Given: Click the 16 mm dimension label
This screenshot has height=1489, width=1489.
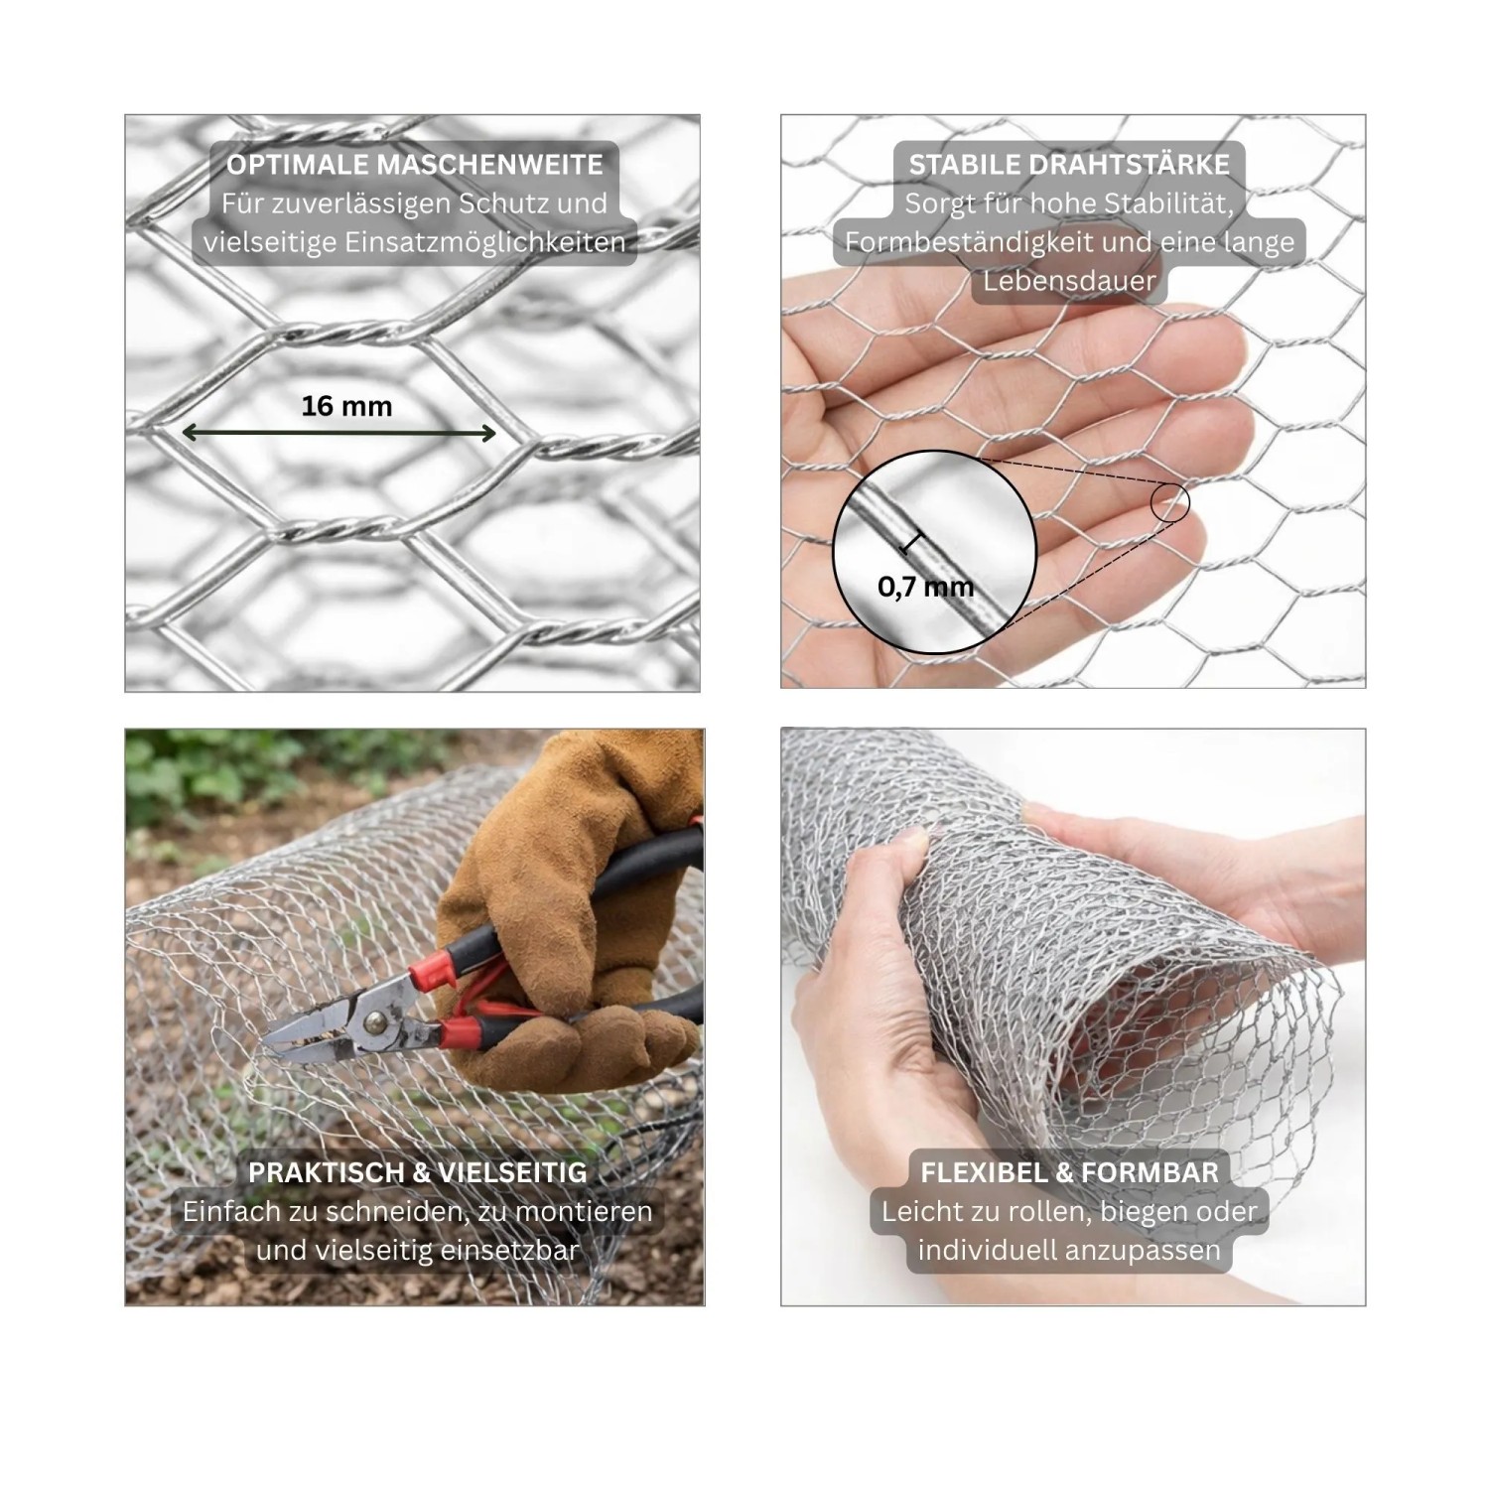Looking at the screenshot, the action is (x=346, y=406).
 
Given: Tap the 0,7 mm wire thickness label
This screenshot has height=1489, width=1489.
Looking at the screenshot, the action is (x=925, y=586).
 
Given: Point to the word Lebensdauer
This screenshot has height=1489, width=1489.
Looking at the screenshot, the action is (x=1069, y=281).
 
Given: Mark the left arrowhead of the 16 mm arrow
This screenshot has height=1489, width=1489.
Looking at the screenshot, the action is (x=188, y=433).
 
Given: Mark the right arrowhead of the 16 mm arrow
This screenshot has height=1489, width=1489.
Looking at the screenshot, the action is (x=488, y=433).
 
